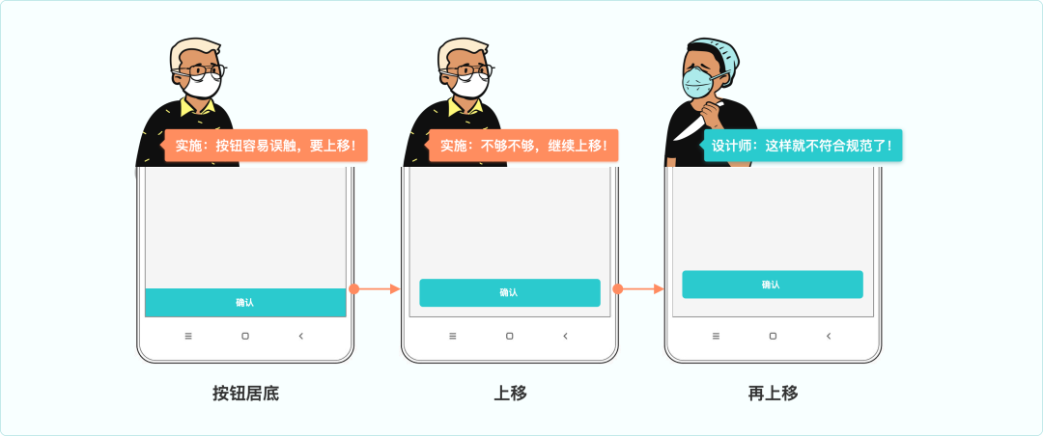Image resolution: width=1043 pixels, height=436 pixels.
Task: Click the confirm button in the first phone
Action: (x=245, y=302)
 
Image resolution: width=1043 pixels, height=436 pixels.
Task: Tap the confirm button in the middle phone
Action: (x=509, y=292)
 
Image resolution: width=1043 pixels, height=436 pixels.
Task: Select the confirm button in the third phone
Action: (x=772, y=285)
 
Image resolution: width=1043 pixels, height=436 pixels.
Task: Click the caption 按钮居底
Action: (x=245, y=394)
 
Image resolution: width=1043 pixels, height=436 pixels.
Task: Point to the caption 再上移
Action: (x=773, y=394)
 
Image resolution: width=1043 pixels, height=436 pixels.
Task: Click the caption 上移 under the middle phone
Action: (x=510, y=394)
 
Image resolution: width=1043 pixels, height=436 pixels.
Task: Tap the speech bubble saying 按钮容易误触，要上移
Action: (x=266, y=146)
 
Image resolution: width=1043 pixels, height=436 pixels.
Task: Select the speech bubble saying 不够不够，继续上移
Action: (x=523, y=146)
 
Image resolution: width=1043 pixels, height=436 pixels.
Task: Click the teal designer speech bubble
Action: (x=802, y=146)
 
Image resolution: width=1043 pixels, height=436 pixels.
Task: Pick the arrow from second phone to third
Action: (x=638, y=288)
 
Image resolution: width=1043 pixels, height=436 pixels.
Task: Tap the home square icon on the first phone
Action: (x=245, y=336)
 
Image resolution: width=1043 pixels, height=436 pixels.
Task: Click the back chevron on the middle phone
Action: (x=565, y=336)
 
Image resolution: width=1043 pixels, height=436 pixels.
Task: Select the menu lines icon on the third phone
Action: (x=716, y=336)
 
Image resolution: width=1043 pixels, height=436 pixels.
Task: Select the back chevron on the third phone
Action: (x=829, y=336)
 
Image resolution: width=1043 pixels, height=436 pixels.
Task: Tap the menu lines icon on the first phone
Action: (x=188, y=336)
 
